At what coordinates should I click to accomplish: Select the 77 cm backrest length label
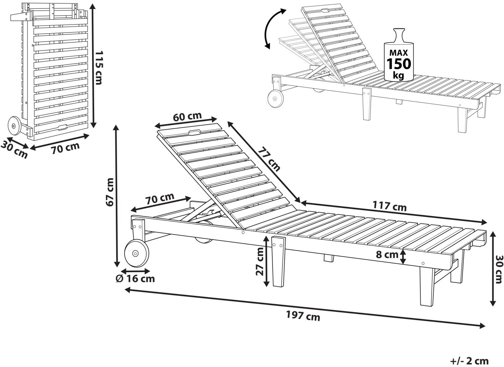pyautogui.click(x=269, y=159)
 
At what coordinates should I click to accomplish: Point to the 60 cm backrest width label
pyautogui.click(x=187, y=117)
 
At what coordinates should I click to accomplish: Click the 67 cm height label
pyautogui.click(x=110, y=192)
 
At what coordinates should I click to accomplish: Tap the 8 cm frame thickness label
pyautogui.click(x=387, y=255)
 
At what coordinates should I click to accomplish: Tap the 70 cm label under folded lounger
pyautogui.click(x=65, y=148)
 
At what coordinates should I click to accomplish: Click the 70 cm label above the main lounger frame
pyautogui.click(x=160, y=199)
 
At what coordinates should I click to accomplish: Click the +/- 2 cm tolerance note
pyautogui.click(x=469, y=360)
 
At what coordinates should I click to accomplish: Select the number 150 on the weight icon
pyautogui.click(x=398, y=64)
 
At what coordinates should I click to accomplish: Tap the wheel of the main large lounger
pyautogui.click(x=136, y=254)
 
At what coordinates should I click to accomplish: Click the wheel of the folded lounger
pyautogui.click(x=14, y=126)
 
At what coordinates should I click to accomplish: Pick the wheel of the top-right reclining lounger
pyautogui.click(x=275, y=98)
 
